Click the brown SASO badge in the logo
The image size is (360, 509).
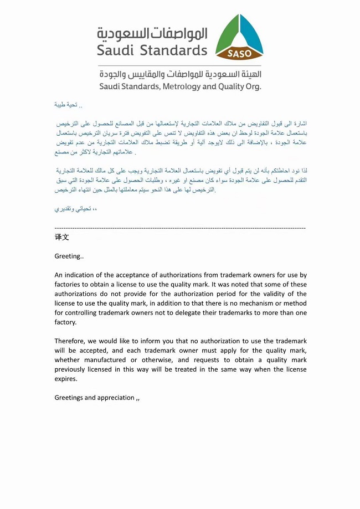[239, 54]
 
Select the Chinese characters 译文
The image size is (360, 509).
[61, 237]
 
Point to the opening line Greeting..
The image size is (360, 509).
[69, 256]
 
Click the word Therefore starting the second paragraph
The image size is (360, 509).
[70, 341]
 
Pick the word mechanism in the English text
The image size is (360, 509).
[239, 304]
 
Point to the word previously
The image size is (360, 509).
[73, 369]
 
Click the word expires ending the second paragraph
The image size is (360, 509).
[66, 379]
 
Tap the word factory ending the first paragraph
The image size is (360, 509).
[65, 322]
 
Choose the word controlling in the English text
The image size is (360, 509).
[85, 313]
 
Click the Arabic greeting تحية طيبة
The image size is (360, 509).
[66, 104]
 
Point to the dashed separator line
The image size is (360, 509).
[180, 228]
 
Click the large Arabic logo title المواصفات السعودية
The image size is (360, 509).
[152, 33]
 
